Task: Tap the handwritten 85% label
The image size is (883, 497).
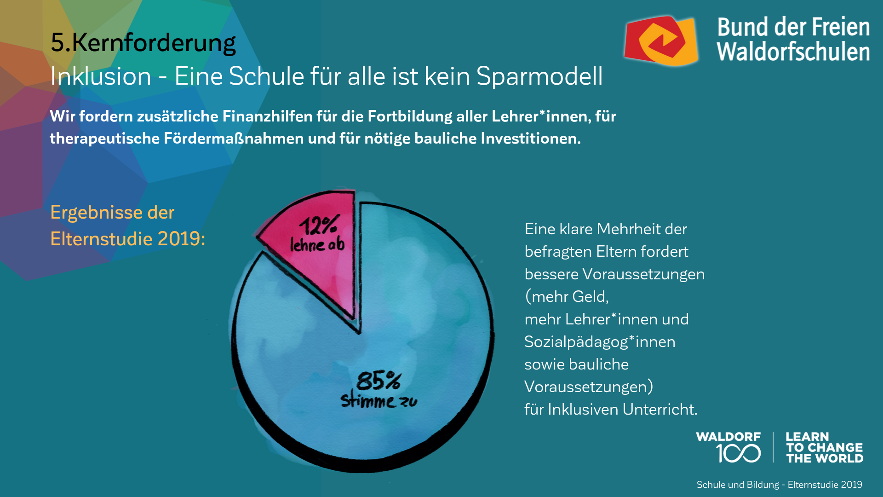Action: pos(378,381)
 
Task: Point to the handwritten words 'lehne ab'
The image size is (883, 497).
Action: pos(317,244)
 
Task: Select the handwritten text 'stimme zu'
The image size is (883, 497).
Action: pos(378,401)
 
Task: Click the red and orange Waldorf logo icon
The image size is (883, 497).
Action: pos(661,41)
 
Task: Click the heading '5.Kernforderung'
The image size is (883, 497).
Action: pos(143,43)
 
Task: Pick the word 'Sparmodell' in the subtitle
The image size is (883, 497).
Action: pos(539,76)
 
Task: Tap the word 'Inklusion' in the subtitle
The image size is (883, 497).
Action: pos(101,76)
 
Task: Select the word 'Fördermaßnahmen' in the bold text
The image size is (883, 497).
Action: pos(234,139)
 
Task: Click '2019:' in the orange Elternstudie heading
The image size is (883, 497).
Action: pos(181,239)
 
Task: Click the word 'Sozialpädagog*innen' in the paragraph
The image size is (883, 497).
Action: pos(600,342)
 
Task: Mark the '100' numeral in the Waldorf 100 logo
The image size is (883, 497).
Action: pos(738,453)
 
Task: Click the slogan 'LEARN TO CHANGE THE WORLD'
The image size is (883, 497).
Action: pos(824,447)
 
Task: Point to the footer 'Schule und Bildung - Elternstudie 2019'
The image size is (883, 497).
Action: pos(779,485)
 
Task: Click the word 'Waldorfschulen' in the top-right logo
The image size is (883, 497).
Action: pos(793,52)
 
